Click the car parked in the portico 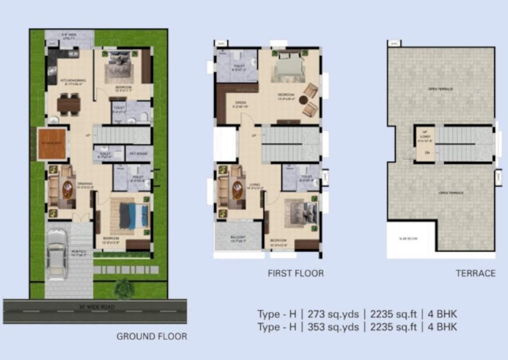56,255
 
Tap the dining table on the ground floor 69,103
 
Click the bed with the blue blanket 134,215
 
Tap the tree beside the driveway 124,288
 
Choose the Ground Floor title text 151,336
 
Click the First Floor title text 295,273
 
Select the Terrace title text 475,273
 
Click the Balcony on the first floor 238,238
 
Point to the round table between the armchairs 304,99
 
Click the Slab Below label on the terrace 409,239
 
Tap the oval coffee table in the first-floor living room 237,190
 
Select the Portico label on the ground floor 80,253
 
